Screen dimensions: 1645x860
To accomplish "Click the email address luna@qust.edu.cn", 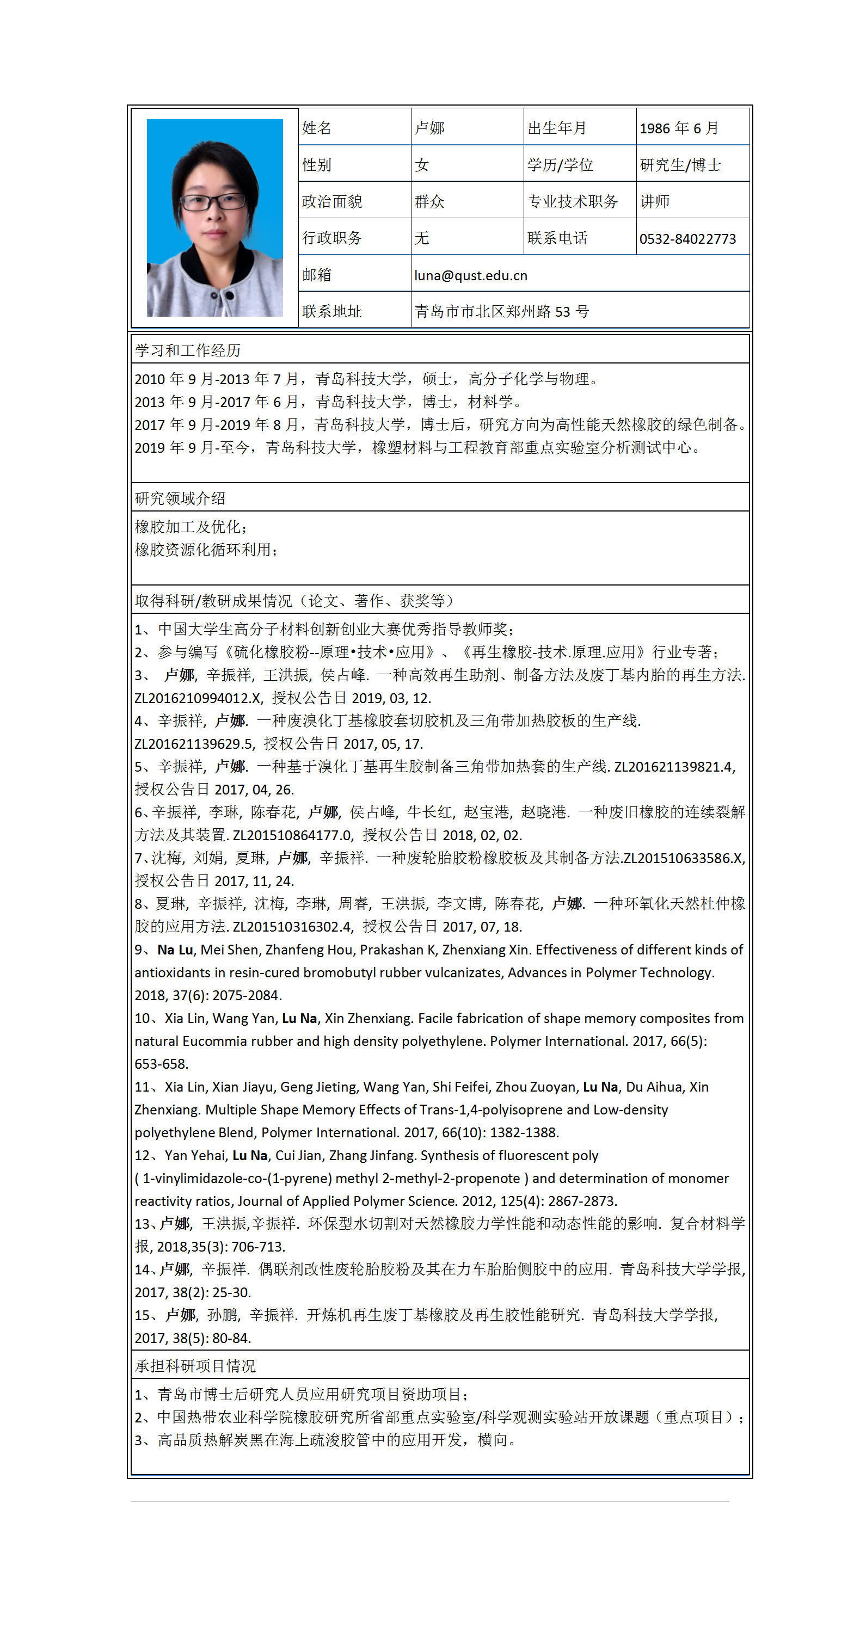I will click(x=471, y=275).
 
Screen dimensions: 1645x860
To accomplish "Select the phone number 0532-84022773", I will click(x=687, y=239).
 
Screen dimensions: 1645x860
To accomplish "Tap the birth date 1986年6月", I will click(x=679, y=128).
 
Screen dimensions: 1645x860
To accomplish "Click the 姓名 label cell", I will click(x=317, y=128).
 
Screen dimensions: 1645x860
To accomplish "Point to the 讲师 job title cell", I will click(x=655, y=202).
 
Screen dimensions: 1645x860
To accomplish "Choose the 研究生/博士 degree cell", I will click(x=680, y=165).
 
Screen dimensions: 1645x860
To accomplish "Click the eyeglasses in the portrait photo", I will click(x=213, y=202).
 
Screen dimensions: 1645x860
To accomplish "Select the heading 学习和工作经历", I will click(x=188, y=350).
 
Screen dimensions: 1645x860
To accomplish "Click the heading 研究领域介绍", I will click(x=180, y=498).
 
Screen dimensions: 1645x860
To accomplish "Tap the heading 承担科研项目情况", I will click(x=195, y=1365).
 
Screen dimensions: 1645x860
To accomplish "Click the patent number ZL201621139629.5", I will click(x=194, y=744).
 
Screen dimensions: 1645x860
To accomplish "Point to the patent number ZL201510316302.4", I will click(x=293, y=927).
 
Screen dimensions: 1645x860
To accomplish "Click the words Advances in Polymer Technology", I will click(x=610, y=972).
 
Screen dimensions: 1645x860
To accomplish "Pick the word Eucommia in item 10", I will click(x=214, y=1041).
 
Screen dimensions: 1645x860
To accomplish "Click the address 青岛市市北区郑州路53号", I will click(x=501, y=312).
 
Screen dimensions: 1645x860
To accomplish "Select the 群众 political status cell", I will click(x=429, y=202).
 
